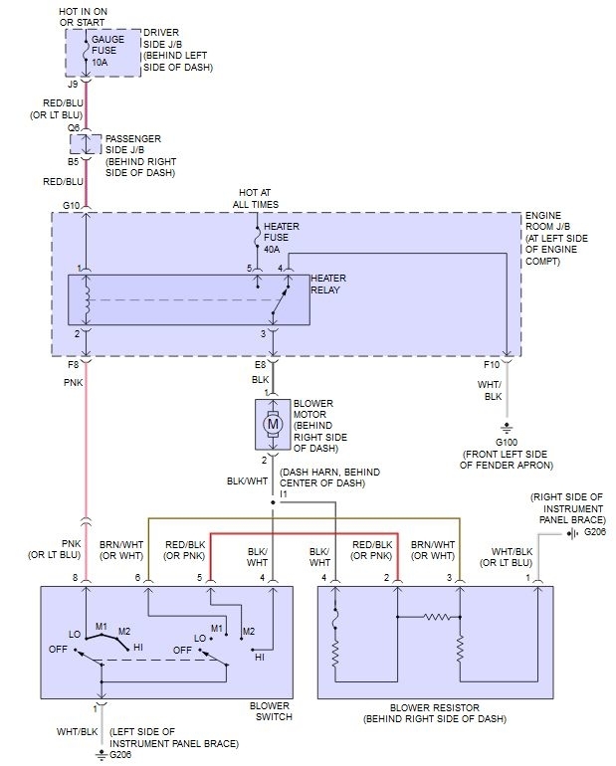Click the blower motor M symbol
272,424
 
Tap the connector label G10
71,206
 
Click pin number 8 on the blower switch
74,577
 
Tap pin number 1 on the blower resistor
527,577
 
